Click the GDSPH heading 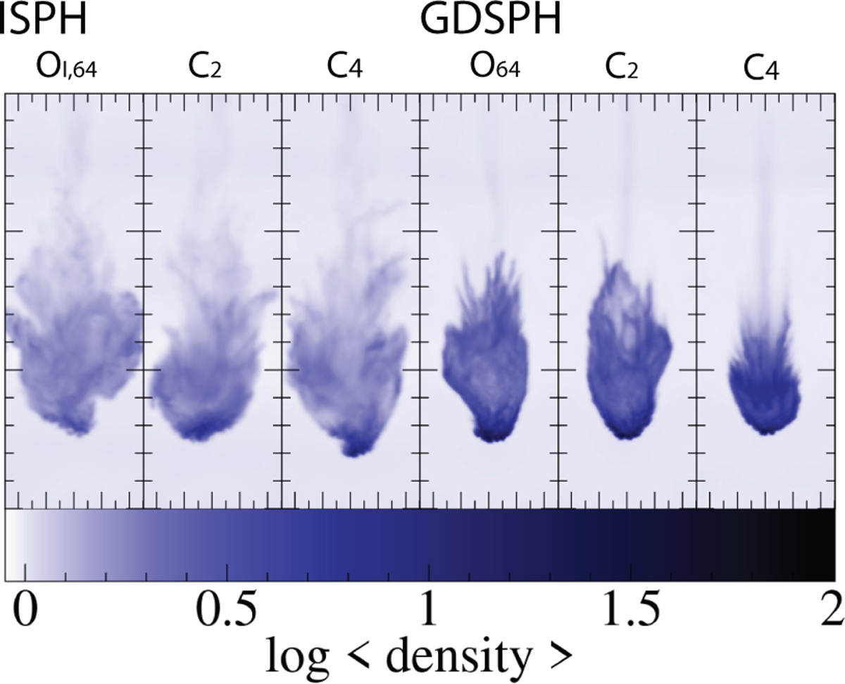490,21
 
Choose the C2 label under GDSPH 620,71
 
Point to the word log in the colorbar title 299,659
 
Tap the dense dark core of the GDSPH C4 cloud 764,409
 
